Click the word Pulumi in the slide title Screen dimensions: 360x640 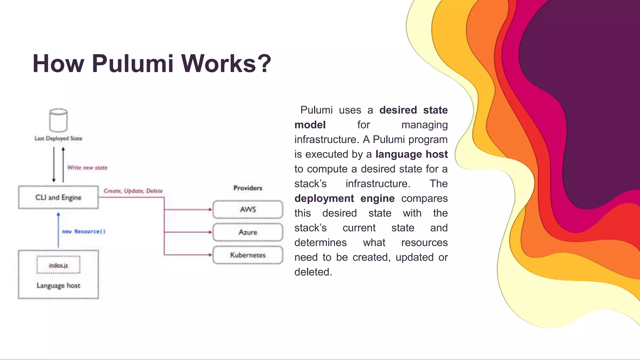pos(132,64)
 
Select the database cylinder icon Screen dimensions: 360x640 pos(58,120)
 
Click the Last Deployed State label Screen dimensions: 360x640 pos(58,138)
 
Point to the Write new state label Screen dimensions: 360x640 pos(87,168)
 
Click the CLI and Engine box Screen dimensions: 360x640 pos(58,197)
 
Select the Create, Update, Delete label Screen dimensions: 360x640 pos(133,191)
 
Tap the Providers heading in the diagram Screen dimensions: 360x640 pos(248,188)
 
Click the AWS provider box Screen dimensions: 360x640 pos(248,209)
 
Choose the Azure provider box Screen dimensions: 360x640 pos(248,232)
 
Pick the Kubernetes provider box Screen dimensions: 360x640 pos(248,255)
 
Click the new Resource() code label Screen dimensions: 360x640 pos(84,232)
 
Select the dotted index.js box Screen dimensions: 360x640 pos(58,265)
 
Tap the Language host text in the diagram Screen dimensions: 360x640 pos(58,286)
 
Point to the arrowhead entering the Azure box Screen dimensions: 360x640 pos(210,232)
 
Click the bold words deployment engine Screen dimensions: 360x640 pos(344,198)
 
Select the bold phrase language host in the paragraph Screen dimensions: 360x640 pos(411,154)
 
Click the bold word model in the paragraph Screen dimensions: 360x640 pos(310,125)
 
